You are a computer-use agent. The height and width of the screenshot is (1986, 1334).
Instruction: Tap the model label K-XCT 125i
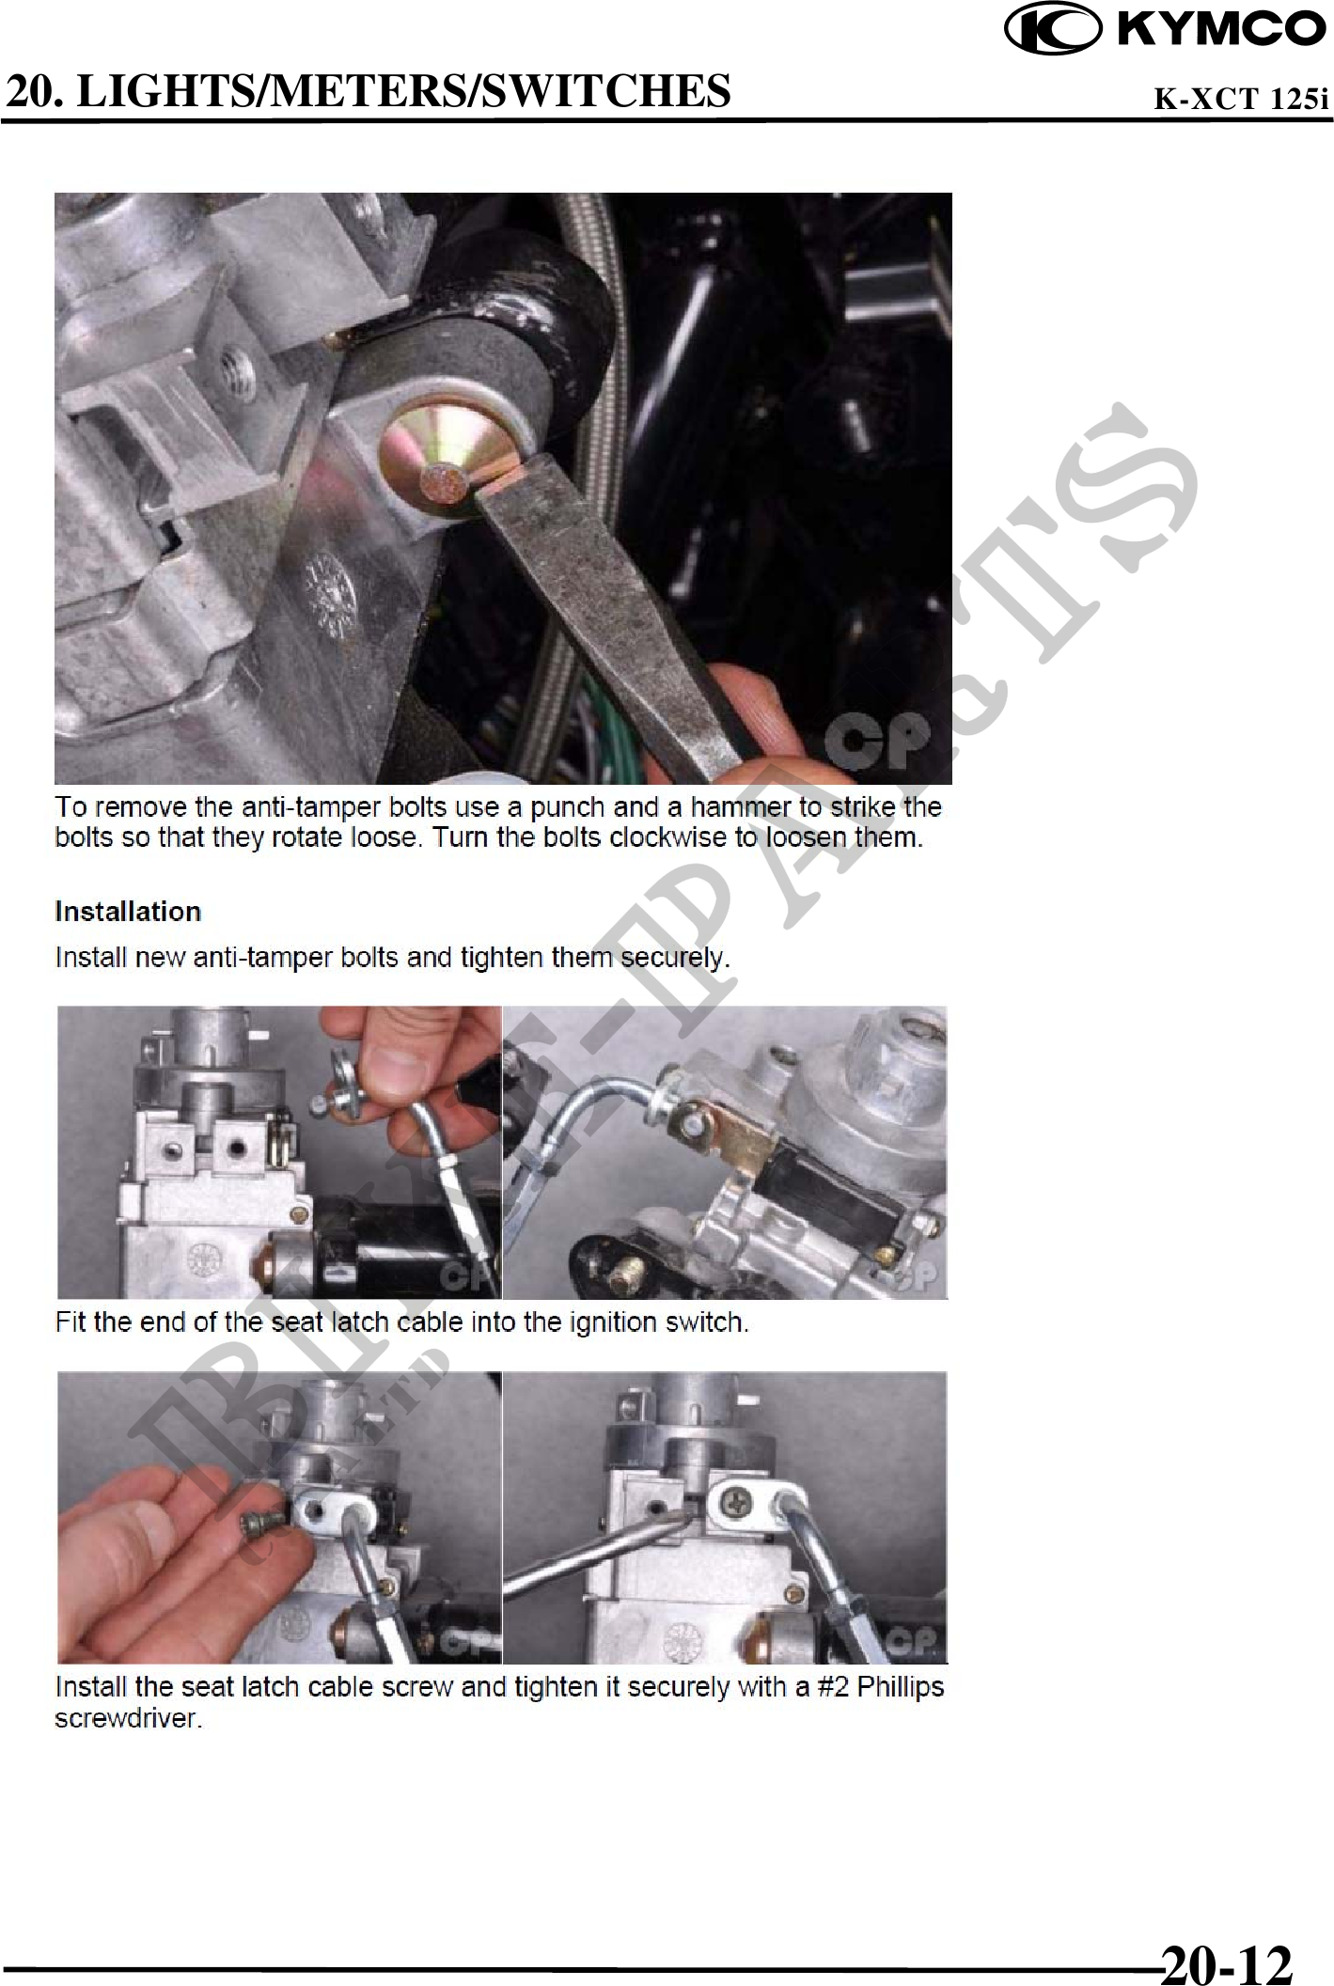tap(1242, 98)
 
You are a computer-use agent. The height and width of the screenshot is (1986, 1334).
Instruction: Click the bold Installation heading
tap(128, 912)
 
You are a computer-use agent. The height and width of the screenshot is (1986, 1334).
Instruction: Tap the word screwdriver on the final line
tap(129, 1719)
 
